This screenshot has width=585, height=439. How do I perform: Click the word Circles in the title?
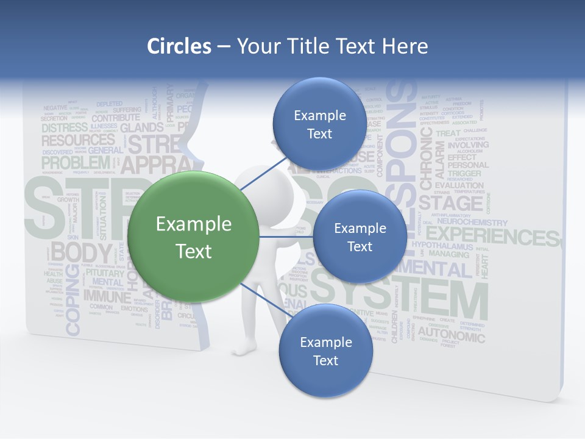point(179,46)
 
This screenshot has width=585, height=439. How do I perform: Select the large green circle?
point(193,237)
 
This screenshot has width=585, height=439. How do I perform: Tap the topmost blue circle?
point(319,124)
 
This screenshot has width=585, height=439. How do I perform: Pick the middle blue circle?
point(360,237)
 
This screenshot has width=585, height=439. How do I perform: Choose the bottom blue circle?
point(325,351)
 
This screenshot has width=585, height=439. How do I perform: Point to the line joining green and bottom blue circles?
point(266,300)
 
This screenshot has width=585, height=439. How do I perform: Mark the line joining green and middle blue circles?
point(285,237)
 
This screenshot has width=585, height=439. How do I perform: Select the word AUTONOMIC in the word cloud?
point(451,335)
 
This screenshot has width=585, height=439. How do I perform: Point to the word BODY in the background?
point(81,252)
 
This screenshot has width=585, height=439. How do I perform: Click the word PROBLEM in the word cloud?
point(75,163)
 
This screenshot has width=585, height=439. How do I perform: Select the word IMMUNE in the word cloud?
point(107,297)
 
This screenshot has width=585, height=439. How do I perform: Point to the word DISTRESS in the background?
point(64,128)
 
